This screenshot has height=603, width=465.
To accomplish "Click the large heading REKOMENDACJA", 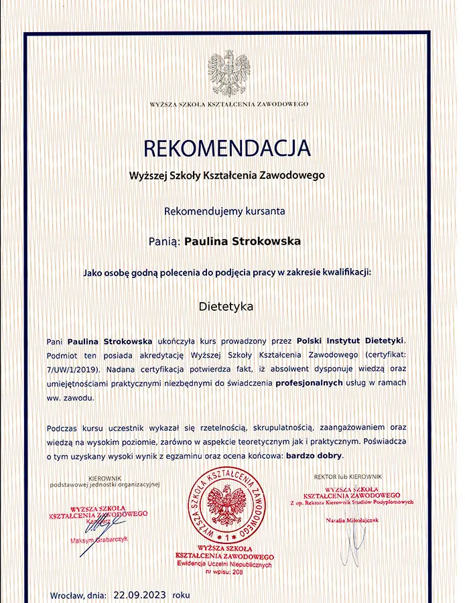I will [227, 148].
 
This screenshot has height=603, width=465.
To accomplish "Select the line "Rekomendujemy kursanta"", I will [224, 210].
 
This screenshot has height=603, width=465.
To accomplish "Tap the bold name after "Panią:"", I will [242, 241].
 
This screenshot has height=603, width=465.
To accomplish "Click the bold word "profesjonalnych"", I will [308, 383].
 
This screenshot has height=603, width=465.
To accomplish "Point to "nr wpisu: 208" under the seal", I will [224, 572].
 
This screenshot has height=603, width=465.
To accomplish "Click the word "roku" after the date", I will [181, 594].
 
